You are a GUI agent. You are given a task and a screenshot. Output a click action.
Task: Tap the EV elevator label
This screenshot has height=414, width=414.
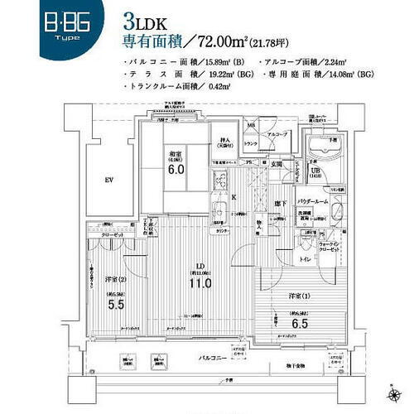pos(108,180)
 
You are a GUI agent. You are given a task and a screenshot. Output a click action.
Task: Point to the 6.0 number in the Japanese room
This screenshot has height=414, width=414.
pos(176,171)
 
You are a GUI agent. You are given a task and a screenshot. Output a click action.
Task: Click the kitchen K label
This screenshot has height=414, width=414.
pos(234,197)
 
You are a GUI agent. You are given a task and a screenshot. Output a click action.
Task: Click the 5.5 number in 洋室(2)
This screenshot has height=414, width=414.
pos(116,305)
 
